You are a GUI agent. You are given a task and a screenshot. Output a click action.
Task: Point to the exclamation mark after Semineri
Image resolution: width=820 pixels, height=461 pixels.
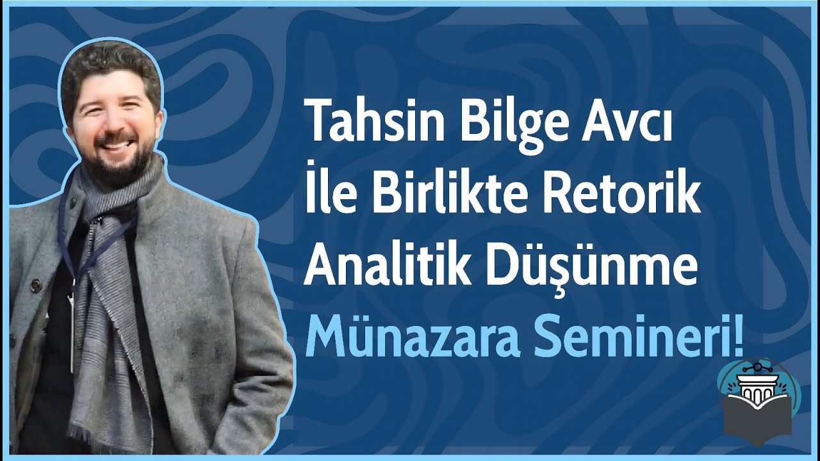click(740, 339)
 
